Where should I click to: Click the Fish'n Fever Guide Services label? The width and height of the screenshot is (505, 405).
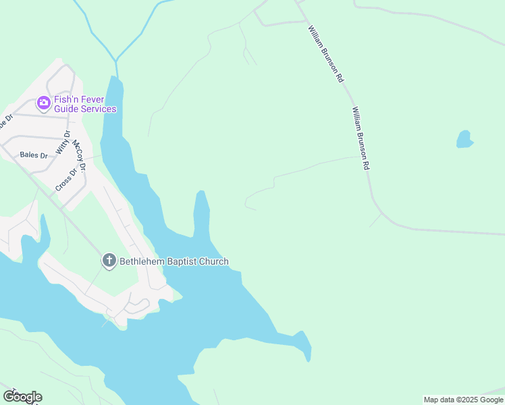85,104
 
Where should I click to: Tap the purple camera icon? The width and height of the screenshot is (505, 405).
44,103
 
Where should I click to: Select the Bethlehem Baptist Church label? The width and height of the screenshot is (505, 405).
174,261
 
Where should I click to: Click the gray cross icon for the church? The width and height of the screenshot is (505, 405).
109,261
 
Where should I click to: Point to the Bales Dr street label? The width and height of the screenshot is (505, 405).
34,155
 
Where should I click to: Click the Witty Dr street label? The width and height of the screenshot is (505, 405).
63,142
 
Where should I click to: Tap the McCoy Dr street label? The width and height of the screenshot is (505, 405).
80,155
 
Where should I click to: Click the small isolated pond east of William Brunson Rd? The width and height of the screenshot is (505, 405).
464,139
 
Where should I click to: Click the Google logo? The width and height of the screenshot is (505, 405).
22,397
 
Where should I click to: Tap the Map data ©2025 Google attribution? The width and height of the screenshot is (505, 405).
464,400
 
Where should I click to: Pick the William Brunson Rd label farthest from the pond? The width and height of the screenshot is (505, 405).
326,54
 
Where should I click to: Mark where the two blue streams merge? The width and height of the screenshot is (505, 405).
116,61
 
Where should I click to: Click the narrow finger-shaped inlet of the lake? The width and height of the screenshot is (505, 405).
201,209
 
